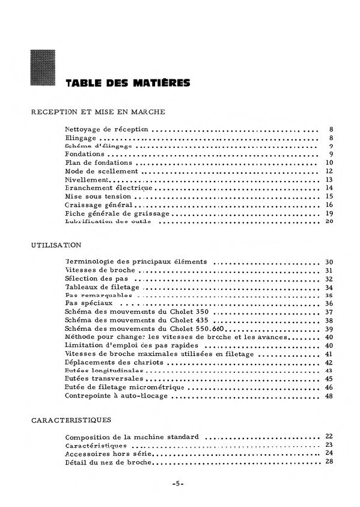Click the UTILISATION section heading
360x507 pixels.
pos(55,245)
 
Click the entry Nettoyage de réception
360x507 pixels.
pos(108,129)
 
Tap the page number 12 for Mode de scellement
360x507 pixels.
pos(328,171)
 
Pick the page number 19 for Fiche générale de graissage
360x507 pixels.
pos(328,213)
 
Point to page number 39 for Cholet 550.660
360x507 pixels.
pos(328,330)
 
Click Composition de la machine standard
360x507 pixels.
pos(131,436)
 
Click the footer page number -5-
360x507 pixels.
pos(177,484)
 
